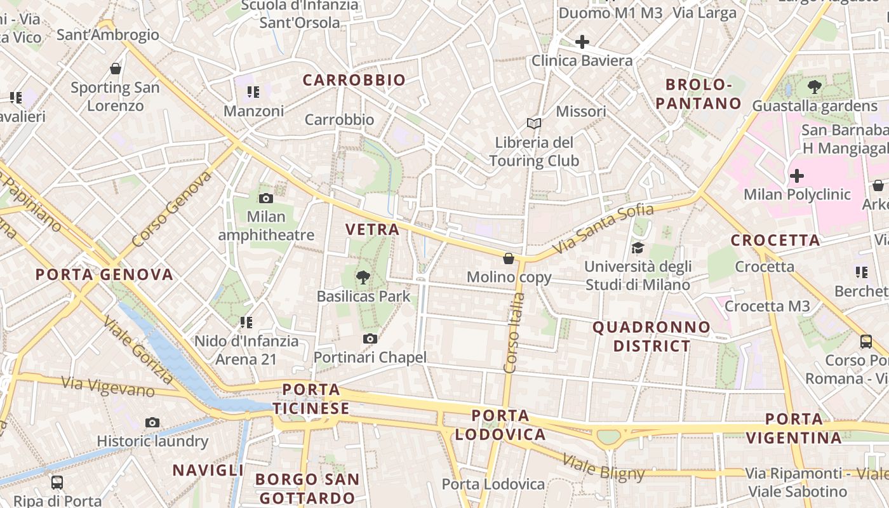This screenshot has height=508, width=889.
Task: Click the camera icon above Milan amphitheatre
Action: click(266, 198)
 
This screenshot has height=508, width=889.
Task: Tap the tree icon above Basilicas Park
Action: click(363, 277)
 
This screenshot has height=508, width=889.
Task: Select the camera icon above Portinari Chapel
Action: click(370, 338)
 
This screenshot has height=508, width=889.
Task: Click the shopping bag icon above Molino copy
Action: click(509, 258)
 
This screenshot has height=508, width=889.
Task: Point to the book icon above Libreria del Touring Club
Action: click(534, 123)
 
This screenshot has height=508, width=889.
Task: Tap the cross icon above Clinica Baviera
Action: click(582, 42)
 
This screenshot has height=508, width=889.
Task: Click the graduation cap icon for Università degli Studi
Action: click(637, 248)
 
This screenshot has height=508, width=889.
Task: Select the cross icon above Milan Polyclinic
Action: click(796, 175)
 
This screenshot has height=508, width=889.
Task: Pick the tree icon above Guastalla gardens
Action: click(814, 87)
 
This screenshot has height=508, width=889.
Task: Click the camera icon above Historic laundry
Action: click(152, 422)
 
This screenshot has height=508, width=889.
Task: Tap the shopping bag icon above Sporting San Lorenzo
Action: click(115, 69)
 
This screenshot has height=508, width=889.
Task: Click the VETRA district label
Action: click(373, 229)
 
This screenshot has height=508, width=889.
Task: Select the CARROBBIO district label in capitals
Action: click(354, 80)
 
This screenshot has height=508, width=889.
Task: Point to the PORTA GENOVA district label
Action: click(104, 274)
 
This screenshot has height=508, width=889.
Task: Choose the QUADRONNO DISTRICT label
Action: click(652, 337)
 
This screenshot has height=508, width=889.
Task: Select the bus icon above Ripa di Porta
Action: click(57, 482)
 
